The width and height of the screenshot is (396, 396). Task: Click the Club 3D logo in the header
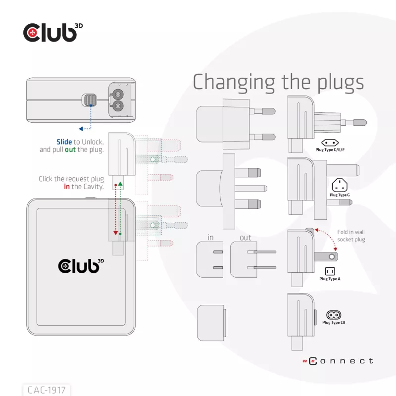pyautogui.click(x=53, y=33)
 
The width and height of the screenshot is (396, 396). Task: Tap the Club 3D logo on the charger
pyautogui.click(x=81, y=266)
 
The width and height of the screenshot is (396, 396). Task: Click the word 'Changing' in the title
pyautogui.click(x=234, y=83)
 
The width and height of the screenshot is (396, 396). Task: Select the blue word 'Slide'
pyautogui.click(x=64, y=142)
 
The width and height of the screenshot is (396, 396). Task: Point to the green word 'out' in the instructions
pyautogui.click(x=70, y=149)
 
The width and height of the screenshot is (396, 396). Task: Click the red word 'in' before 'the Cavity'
pyautogui.click(x=67, y=187)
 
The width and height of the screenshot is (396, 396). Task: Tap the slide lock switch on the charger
pyautogui.click(x=89, y=100)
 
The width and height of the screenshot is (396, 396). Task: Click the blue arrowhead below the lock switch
pyautogui.click(x=81, y=129)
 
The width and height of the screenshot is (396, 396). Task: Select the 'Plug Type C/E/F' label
pyautogui.click(x=330, y=149)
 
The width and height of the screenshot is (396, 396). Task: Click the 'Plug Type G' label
pyautogui.click(x=340, y=195)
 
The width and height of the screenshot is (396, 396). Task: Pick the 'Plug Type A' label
pyautogui.click(x=330, y=279)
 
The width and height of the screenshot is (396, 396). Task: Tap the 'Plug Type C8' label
pyautogui.click(x=334, y=322)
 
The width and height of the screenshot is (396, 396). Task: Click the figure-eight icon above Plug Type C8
pyautogui.click(x=334, y=315)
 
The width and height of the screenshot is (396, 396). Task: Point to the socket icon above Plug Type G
pyautogui.click(x=340, y=185)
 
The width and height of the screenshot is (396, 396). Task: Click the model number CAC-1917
pyautogui.click(x=47, y=390)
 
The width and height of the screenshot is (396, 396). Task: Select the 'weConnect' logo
pyautogui.click(x=338, y=361)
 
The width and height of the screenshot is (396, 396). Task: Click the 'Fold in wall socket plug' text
pyautogui.click(x=351, y=236)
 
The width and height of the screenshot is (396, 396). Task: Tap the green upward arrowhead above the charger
pyautogui.click(x=120, y=184)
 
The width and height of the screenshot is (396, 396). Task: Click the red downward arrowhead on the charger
pyautogui.click(x=116, y=233)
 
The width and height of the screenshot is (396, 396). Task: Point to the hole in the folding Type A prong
pyautogui.click(x=332, y=257)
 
